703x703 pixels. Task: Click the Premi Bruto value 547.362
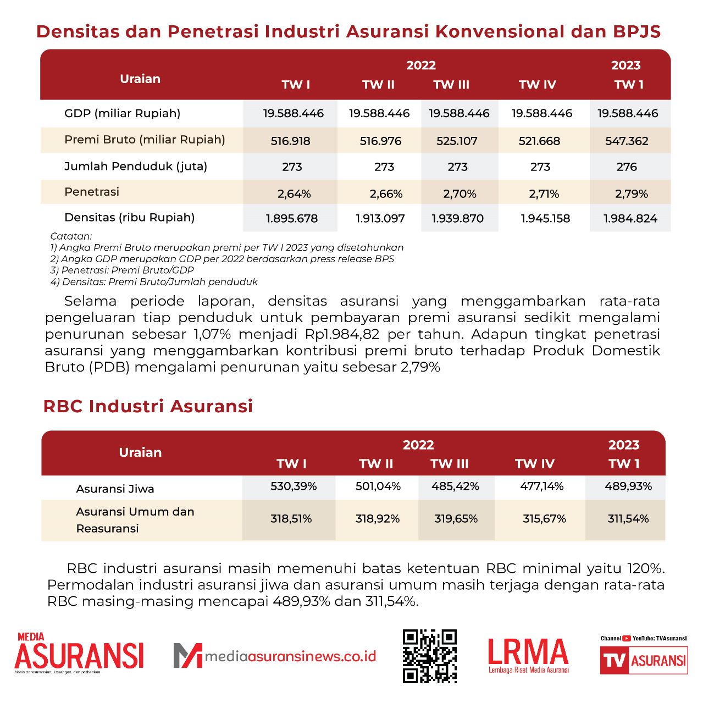pyautogui.click(x=627, y=141)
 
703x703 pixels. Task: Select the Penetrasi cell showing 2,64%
pyautogui.click(x=294, y=194)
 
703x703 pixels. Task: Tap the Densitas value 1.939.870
pyautogui.click(x=457, y=219)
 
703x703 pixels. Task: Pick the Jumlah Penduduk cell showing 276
pyautogui.click(x=627, y=167)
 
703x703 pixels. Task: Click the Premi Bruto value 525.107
pyautogui.click(x=457, y=141)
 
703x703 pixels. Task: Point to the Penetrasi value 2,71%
pyautogui.click(x=544, y=194)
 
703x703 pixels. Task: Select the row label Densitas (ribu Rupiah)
pyautogui.click(x=129, y=218)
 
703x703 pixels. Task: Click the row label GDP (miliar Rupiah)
pyautogui.click(x=122, y=114)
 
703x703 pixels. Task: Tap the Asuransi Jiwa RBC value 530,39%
pyautogui.click(x=294, y=486)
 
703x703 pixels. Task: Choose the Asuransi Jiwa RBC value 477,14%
pyautogui.click(x=542, y=486)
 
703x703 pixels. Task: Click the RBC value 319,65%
pyautogui.click(x=456, y=519)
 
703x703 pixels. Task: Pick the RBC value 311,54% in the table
pyautogui.click(x=628, y=519)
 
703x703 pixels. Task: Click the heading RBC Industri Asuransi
pyautogui.click(x=148, y=406)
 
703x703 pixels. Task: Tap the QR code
pyautogui.click(x=429, y=656)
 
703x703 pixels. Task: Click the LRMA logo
pyautogui.click(x=528, y=655)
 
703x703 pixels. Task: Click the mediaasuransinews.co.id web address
pyautogui.click(x=290, y=656)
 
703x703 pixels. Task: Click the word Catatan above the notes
pyautogui.click(x=71, y=236)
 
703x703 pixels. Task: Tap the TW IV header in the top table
pyautogui.click(x=537, y=85)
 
